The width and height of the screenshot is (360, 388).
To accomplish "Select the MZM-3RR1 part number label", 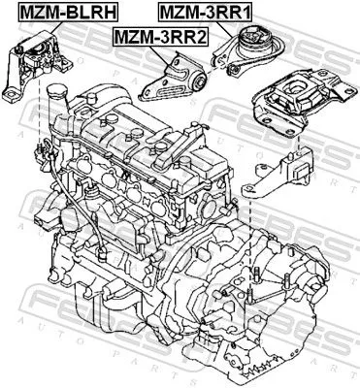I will (x=205, y=13).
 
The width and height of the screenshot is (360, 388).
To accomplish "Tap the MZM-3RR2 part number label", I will (x=160, y=37).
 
